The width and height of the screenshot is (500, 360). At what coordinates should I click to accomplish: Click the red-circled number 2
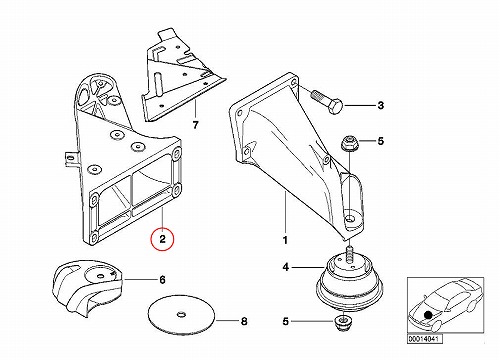(x=162, y=239)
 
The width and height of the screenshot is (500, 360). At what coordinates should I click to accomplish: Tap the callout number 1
(x=285, y=240)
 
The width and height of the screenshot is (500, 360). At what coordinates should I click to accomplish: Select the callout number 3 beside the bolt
(x=381, y=106)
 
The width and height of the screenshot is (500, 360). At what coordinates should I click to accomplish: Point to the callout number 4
(x=286, y=267)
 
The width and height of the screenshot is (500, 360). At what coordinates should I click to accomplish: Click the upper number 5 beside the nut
(x=381, y=141)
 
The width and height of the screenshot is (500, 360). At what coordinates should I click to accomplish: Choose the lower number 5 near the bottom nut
(x=286, y=322)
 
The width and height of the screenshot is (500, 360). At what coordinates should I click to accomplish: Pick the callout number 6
(x=162, y=280)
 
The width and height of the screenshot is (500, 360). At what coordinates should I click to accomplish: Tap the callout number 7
(x=196, y=125)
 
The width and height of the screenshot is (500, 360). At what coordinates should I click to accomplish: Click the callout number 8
(x=244, y=322)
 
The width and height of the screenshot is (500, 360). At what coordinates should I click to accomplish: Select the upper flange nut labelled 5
(x=348, y=143)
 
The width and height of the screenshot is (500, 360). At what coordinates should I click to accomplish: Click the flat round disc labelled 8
(x=182, y=315)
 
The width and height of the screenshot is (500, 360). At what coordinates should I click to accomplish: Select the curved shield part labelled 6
(x=87, y=287)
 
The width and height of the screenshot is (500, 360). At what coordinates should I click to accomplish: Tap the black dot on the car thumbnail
(x=428, y=314)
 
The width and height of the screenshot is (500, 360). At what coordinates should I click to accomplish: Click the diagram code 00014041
(x=425, y=339)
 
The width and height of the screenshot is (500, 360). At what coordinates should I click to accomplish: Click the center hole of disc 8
(x=182, y=314)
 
